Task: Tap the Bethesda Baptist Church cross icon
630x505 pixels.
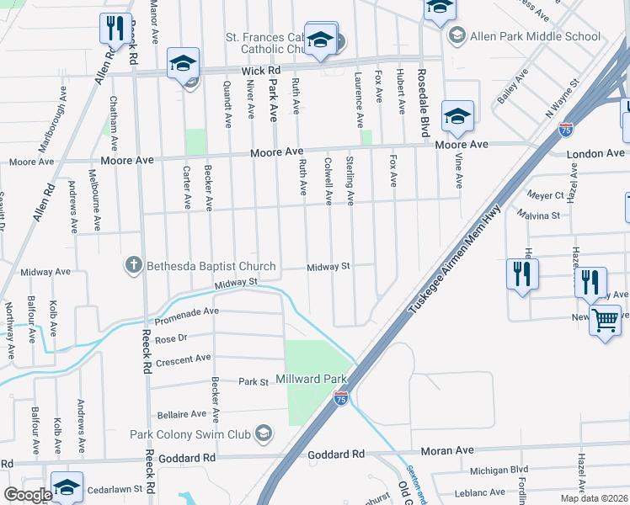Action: [133, 266]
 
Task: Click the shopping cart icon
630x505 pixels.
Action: [606, 321]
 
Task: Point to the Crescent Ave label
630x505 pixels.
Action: [183, 359]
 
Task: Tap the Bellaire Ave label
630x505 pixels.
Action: [181, 414]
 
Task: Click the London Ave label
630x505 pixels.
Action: [596, 154]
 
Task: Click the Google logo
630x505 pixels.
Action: [27, 494]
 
